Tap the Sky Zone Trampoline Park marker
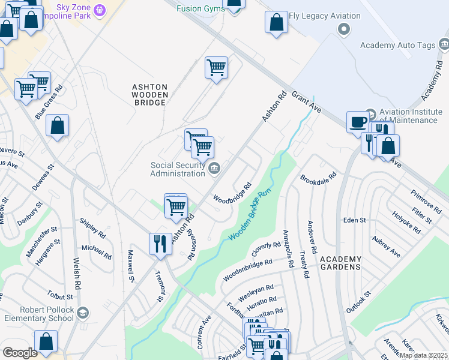[100, 10]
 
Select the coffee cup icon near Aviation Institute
[358, 122]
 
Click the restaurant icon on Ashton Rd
[160, 244]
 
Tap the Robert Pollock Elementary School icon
[82, 313]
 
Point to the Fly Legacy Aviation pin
[343, 28]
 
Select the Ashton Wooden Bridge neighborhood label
[149, 95]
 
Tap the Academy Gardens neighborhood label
[340, 263]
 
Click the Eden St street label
[354, 220]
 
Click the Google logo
[20, 353]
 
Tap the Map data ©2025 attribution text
[423, 355]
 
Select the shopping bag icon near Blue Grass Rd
[57, 127]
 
